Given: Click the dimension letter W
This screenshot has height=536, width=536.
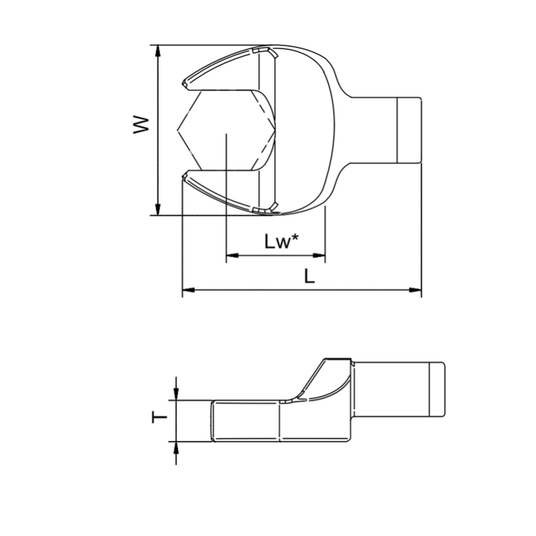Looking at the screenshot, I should (139, 124).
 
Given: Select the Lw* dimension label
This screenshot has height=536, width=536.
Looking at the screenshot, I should (280, 242).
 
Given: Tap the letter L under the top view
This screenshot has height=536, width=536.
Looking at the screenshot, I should (309, 276).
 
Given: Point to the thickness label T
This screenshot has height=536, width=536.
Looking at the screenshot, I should (159, 417).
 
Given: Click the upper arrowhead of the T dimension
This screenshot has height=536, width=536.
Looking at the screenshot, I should (176, 395).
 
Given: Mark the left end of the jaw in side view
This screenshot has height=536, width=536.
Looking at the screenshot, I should (212, 421).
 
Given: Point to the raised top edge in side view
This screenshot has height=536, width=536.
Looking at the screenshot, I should (338, 359).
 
